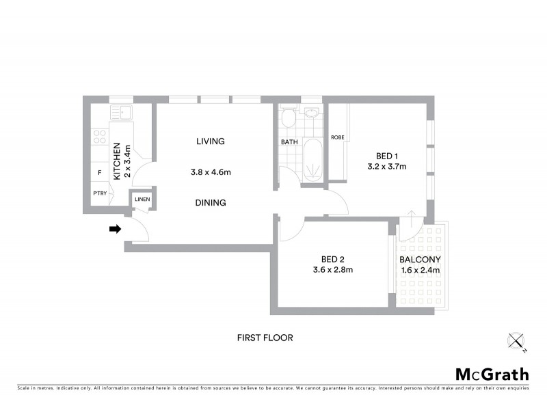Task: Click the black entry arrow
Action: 115,230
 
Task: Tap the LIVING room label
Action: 211,141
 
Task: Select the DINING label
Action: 211,203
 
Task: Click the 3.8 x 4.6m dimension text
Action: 211,172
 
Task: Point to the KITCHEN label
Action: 117,161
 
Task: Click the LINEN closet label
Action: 142,200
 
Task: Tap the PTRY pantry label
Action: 100,193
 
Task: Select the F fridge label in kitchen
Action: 100,172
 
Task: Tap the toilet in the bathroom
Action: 288,119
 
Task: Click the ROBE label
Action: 337,137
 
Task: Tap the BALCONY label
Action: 420,260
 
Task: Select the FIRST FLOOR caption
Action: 265,338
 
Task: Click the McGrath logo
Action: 492,374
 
